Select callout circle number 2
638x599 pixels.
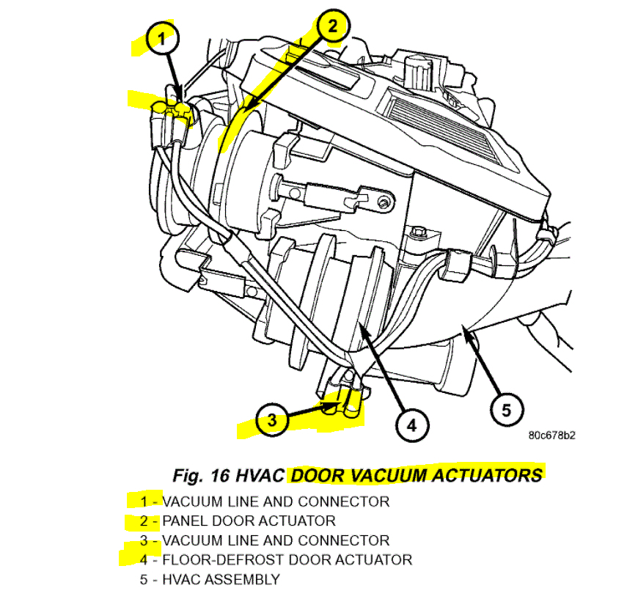pyautogui.click(x=332, y=27)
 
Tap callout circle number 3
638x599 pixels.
pyautogui.click(x=273, y=420)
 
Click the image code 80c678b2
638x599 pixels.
pyautogui.click(x=551, y=436)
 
